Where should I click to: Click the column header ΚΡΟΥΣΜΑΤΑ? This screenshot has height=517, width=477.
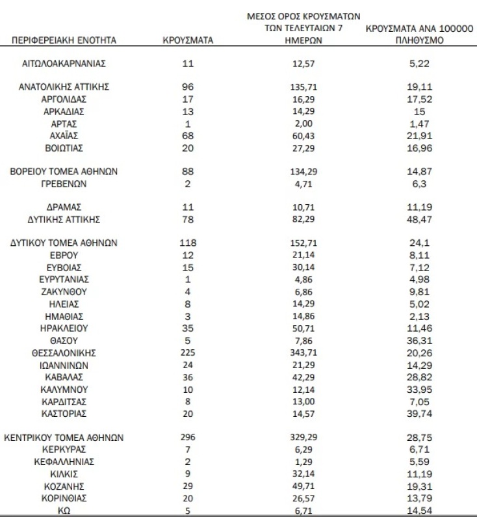[187, 40]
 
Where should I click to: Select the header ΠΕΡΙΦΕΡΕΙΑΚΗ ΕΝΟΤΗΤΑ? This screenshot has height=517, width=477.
[64, 40]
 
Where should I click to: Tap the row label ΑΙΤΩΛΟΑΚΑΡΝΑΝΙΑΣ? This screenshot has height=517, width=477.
[64, 63]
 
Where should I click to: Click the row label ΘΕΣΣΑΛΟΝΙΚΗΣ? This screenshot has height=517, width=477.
[64, 352]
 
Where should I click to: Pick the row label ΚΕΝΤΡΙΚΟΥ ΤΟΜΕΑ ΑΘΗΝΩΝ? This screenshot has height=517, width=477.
[64, 438]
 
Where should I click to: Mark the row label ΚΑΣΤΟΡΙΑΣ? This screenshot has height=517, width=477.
[64, 414]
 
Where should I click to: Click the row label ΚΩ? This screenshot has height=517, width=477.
[64, 510]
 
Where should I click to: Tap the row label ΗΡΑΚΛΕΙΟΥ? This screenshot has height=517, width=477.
[64, 328]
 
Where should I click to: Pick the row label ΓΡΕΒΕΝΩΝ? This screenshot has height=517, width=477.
[64, 184]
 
